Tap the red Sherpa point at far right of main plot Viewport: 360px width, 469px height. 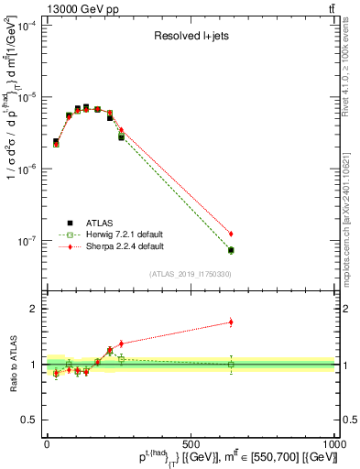tap(231, 234)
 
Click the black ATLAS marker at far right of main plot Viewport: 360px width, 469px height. tap(231, 250)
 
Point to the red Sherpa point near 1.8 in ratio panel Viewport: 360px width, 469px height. tap(231, 322)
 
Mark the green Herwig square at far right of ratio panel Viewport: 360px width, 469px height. tap(231, 365)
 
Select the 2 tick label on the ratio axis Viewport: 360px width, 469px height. tap(37, 310)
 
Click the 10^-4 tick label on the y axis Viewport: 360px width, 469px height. tap(27, 26)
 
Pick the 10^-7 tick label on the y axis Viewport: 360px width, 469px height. tap(27, 241)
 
